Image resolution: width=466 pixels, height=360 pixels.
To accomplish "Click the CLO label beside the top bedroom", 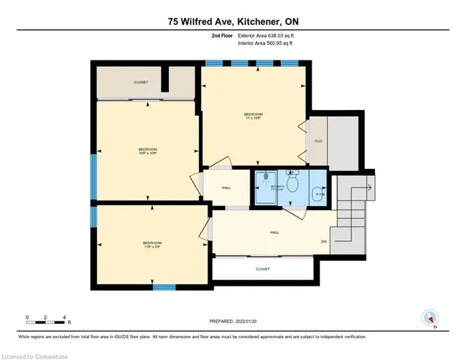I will (x=318, y=141).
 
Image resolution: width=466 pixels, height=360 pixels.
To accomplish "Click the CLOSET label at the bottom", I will (x=263, y=269).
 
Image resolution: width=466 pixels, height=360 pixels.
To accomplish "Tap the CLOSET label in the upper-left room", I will (x=141, y=82).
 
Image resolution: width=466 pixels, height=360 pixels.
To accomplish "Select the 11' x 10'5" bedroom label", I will (x=253, y=116).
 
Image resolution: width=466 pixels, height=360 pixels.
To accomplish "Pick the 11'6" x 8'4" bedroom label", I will (x=152, y=244).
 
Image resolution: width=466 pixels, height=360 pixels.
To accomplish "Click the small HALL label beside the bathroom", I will (x=226, y=188).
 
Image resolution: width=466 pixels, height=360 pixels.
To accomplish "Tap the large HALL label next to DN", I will (x=275, y=233).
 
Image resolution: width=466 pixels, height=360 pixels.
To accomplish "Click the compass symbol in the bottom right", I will (x=430, y=318).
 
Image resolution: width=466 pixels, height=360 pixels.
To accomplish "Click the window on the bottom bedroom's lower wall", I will (x=165, y=286).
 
